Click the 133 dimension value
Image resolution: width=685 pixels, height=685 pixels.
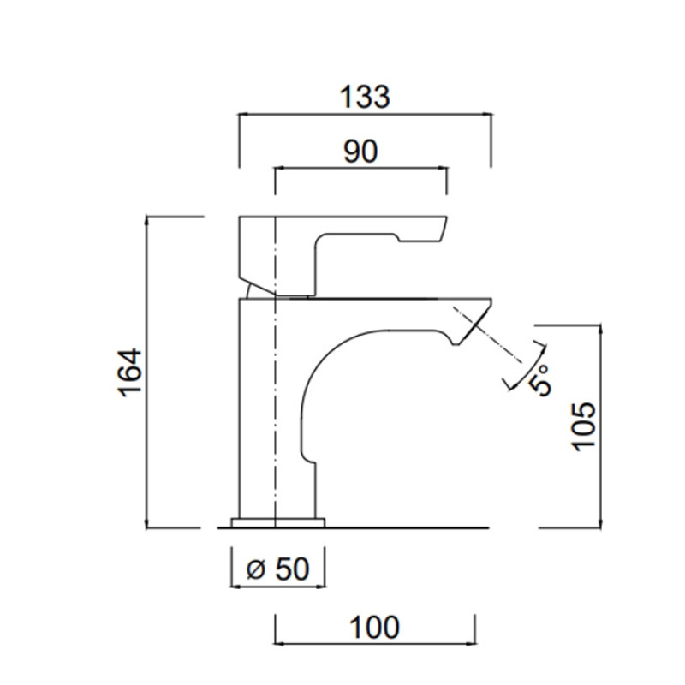pyautogui.click(x=365, y=97)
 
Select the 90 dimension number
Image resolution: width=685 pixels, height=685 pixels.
pyautogui.click(x=360, y=152)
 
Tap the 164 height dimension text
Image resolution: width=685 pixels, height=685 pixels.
pyautogui.click(x=131, y=372)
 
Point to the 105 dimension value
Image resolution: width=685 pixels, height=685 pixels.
pyautogui.click(x=584, y=426)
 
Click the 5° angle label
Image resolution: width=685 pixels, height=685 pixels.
pyautogui.click(x=540, y=380)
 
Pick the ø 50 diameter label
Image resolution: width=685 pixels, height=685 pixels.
pyautogui.click(x=277, y=569)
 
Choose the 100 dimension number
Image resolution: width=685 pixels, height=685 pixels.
pyautogui.click(x=374, y=628)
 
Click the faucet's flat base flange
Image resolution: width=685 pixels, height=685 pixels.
pyautogui.click(x=277, y=523)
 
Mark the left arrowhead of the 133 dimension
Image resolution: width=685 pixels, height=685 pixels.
pyautogui.click(x=242, y=115)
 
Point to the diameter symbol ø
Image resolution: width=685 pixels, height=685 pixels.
pyautogui.click(x=256, y=569)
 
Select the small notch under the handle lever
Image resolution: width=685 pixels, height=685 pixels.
pyautogui.click(x=396, y=238)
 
